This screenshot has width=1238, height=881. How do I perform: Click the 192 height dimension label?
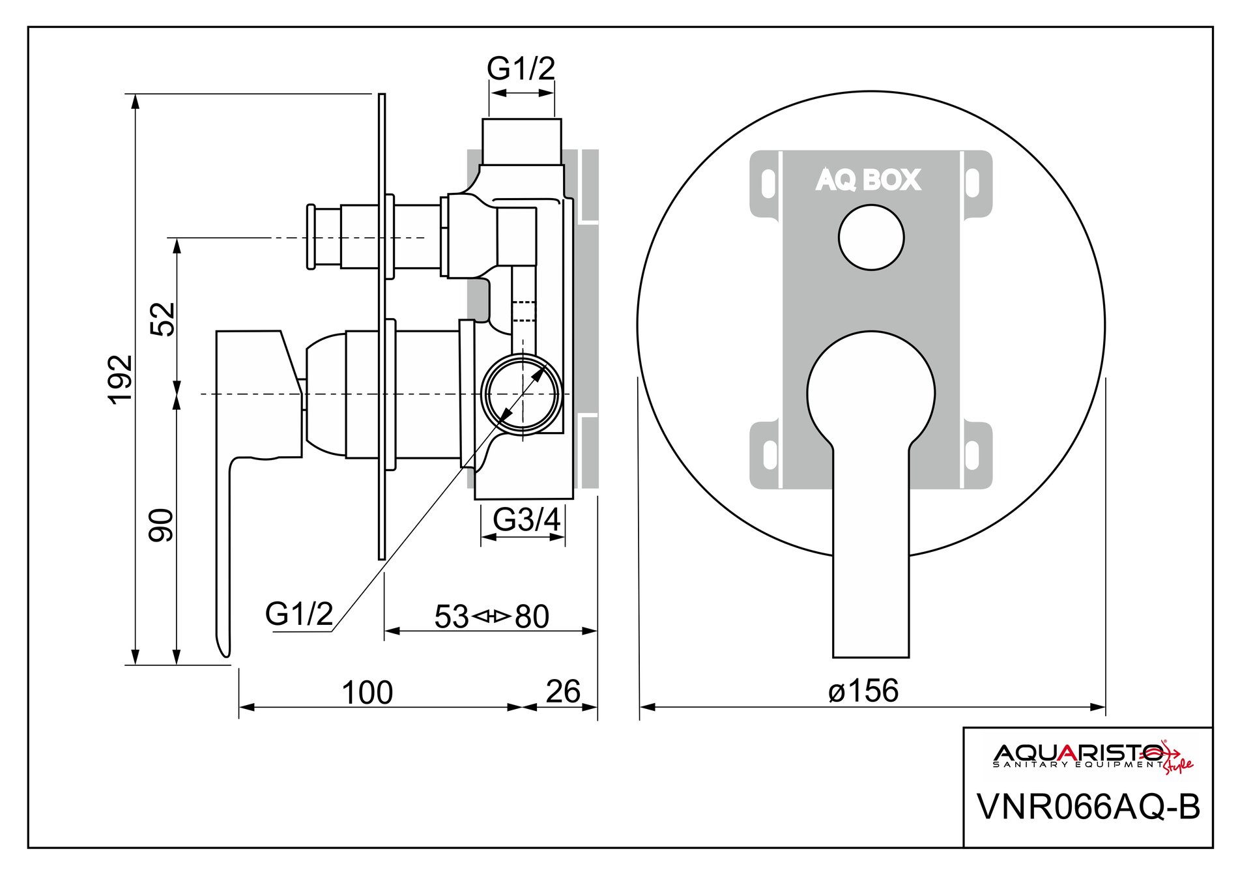coord(121,379)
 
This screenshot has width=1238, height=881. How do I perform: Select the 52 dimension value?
coord(163,319)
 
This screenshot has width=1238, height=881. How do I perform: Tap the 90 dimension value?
coord(162,525)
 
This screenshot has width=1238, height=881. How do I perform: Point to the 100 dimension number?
coord(367,693)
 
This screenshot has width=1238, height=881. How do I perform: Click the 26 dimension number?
coord(563,691)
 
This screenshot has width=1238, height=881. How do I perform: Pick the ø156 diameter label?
coord(863,691)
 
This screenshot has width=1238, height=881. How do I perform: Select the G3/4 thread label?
coord(526,519)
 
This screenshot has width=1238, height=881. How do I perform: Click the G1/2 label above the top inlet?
coord(521,68)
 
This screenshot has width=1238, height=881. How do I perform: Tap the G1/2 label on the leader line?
coord(299,613)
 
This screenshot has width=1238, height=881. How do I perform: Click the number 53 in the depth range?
coord(451,616)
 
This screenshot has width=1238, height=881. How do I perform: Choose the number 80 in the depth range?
coord(532,616)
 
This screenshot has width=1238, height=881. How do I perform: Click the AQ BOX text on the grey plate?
coord(869,180)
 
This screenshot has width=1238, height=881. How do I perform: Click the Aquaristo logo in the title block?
coord(1088,756)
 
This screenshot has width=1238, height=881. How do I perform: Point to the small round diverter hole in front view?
coord(871,237)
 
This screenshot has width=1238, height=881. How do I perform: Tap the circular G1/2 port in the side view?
coord(521,394)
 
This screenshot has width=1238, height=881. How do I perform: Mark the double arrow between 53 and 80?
coord(491,616)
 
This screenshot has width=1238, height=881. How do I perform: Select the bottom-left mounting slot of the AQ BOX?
coord(770,454)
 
